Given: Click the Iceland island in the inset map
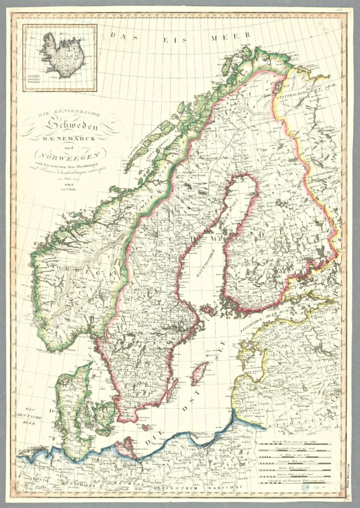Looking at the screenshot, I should [x=63, y=55].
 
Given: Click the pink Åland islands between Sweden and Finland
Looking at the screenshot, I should [x=208, y=311].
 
